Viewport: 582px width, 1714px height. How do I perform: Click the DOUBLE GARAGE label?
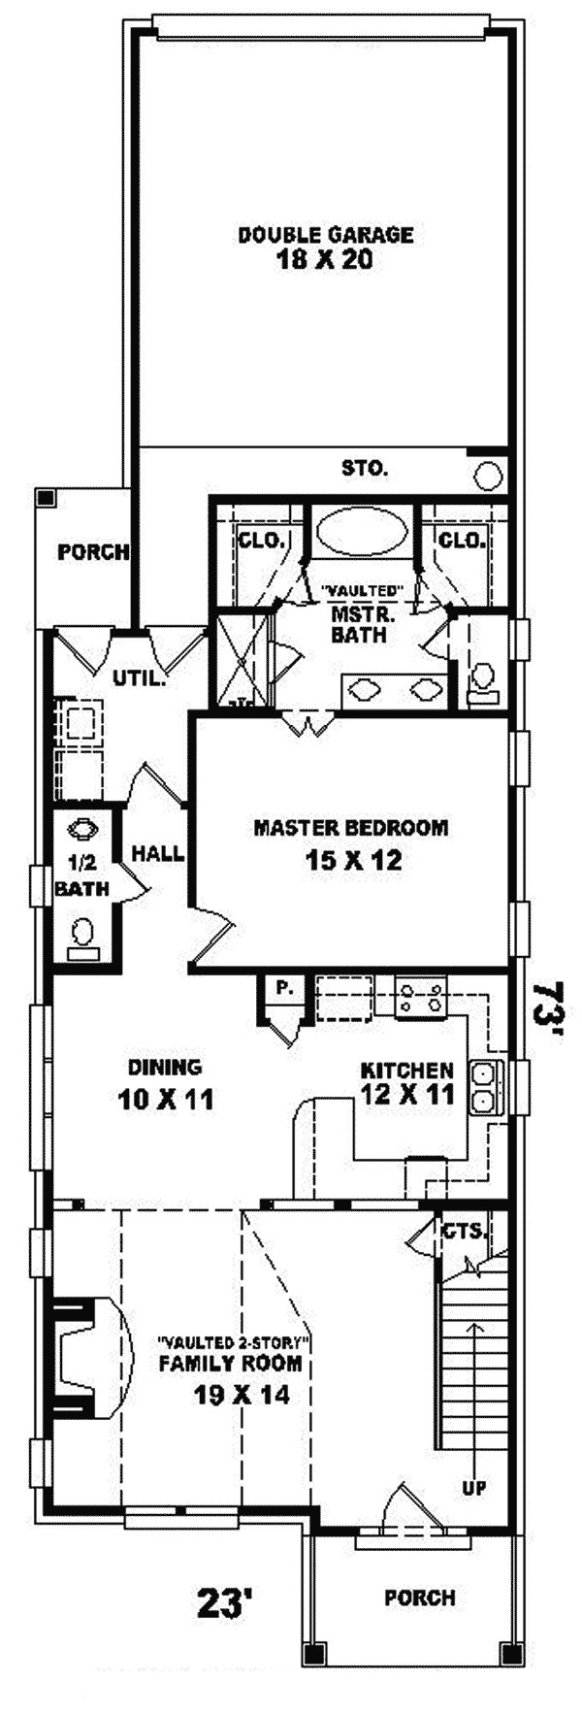(x=326, y=234)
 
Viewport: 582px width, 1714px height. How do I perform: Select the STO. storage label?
(x=365, y=469)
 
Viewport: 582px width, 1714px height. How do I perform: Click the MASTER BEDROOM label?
(x=350, y=828)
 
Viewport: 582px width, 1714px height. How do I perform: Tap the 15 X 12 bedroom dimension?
(x=352, y=860)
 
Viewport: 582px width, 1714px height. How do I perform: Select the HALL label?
(x=158, y=854)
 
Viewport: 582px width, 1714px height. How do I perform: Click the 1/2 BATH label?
(x=81, y=873)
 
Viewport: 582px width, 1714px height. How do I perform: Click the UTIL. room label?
(x=139, y=678)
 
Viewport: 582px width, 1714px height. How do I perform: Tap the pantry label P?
(x=283, y=989)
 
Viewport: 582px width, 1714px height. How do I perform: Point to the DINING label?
(x=165, y=1068)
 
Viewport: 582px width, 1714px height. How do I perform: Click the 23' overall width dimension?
(x=225, y=1602)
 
